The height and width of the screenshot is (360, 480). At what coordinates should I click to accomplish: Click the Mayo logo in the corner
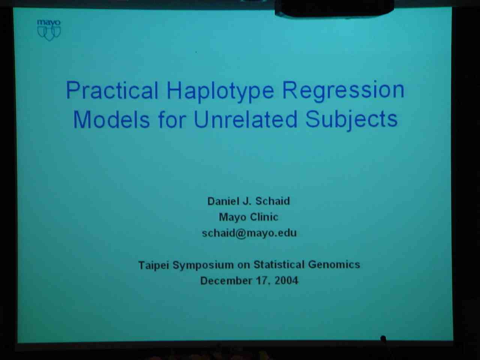pyautogui.click(x=49, y=30)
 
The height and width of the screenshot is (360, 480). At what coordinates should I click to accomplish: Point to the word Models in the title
pyautogui.click(x=111, y=119)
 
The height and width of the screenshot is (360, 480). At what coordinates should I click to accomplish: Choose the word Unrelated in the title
pyautogui.click(x=246, y=119)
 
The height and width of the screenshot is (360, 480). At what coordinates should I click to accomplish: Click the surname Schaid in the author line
pyautogui.click(x=273, y=201)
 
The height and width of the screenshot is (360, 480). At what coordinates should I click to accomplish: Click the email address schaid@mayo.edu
pyautogui.click(x=249, y=233)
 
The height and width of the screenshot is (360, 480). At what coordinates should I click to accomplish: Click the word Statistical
pyautogui.click(x=279, y=264)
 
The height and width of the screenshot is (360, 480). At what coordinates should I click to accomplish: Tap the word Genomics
pyautogui.click(x=334, y=264)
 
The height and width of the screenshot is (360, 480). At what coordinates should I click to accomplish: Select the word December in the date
pyautogui.click(x=226, y=280)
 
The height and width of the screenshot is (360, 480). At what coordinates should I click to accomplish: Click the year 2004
pyautogui.click(x=286, y=280)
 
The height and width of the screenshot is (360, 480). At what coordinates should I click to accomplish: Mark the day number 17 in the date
pyautogui.click(x=261, y=280)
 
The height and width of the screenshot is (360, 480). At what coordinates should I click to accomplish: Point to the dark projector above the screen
pyautogui.click(x=334, y=8)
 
